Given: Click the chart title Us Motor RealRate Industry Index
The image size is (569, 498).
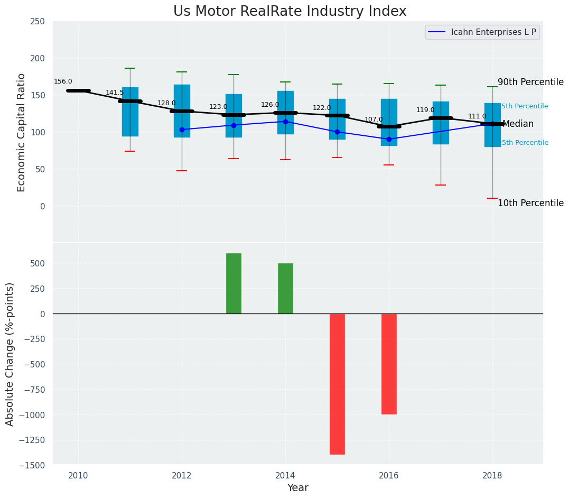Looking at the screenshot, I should (290, 12).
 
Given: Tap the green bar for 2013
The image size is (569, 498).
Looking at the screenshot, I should (234, 283).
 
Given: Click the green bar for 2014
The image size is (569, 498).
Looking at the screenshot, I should (285, 288).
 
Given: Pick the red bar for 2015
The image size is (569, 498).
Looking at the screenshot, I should (337, 384).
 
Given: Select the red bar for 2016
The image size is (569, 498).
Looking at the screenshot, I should (389, 364).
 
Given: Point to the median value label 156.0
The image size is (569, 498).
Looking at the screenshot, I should (63, 81).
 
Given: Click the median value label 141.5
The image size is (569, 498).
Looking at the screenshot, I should (115, 93).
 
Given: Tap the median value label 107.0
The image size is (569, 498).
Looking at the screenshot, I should (374, 119).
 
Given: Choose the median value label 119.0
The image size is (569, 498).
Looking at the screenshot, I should (425, 110).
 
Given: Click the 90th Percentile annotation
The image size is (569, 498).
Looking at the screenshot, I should (530, 82).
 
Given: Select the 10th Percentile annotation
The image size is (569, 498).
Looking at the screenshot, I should (530, 204).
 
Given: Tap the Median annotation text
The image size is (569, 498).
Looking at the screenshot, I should (518, 124).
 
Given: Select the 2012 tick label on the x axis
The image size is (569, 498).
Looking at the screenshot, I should (182, 475).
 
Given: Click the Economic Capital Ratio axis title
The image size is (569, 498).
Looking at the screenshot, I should (22, 132).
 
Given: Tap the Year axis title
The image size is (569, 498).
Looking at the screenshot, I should (297, 488).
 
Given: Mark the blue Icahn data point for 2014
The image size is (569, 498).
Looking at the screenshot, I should (285, 122).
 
